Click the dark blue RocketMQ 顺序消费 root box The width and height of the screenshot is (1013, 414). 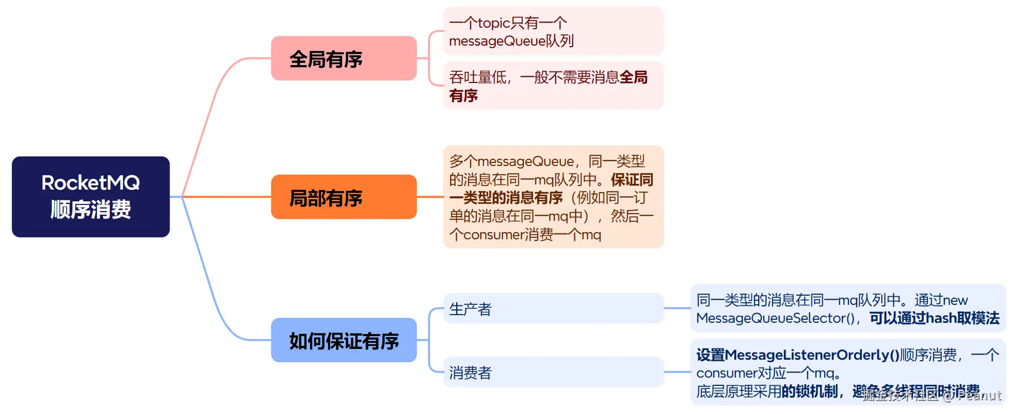coord(91,197)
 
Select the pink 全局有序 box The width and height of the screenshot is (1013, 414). coord(343,58)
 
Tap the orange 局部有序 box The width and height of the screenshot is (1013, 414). coord(343,197)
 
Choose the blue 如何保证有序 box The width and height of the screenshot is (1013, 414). coord(343,340)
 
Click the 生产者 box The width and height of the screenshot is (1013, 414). coord(553,308)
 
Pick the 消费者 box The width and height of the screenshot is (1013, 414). coord(553,372)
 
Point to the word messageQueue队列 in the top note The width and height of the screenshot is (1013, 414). coord(511,41)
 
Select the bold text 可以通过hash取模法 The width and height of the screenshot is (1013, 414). coord(934,318)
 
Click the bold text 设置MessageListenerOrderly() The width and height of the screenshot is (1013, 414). coord(798,355)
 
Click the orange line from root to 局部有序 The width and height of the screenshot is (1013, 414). coord(226,197)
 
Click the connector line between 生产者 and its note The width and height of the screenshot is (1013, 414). coord(677,308)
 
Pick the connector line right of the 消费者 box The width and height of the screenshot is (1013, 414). coord(677,372)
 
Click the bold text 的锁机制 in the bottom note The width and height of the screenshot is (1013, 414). coord(809,391)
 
